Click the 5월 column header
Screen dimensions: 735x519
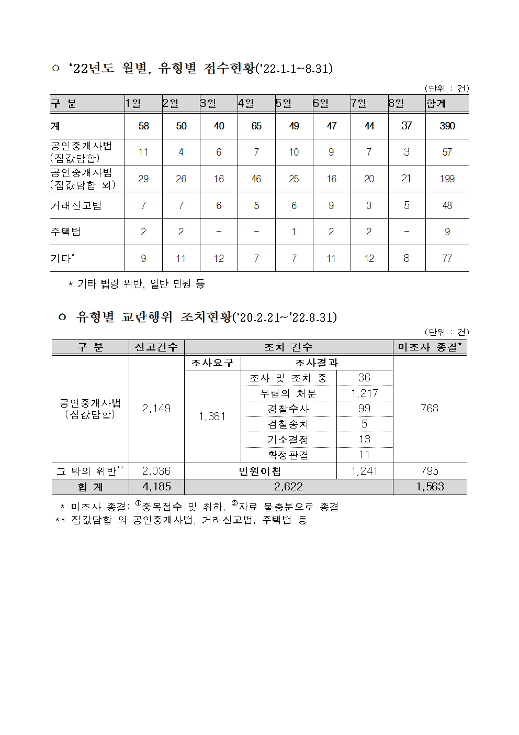pyautogui.click(x=284, y=103)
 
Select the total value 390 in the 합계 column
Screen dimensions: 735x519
pyautogui.click(x=447, y=126)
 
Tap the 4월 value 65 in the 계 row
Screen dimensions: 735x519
pyautogui.click(x=256, y=126)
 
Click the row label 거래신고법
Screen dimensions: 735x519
pyautogui.click(x=76, y=205)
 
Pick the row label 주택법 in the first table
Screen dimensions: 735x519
pyautogui.click(x=66, y=232)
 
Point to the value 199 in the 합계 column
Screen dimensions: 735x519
pyautogui.click(x=447, y=179)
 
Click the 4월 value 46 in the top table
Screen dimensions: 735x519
pyautogui.click(x=256, y=179)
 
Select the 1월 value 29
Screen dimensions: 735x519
pyautogui.click(x=143, y=179)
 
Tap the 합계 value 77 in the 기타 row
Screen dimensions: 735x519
pyautogui.click(x=447, y=258)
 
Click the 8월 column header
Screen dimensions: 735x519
pyautogui.click(x=396, y=103)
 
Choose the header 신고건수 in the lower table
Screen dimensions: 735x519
pyautogui.click(x=156, y=347)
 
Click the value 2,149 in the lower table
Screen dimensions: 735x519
pyautogui.click(x=156, y=409)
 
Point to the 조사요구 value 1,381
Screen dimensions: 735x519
pyautogui.click(x=212, y=416)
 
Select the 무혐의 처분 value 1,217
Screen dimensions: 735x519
pyautogui.click(x=365, y=393)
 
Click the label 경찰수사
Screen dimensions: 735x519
pyautogui.click(x=288, y=409)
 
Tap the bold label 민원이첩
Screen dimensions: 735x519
pyautogui.click(x=260, y=471)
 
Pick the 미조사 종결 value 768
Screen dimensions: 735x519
pyautogui.click(x=430, y=409)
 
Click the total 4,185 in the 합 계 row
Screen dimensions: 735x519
pyautogui.click(x=156, y=487)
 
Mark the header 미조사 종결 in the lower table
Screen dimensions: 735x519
pyautogui.click(x=429, y=347)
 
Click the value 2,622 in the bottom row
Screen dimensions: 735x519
pyautogui.click(x=288, y=487)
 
